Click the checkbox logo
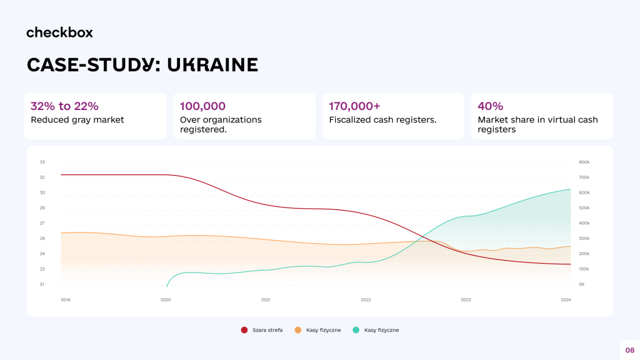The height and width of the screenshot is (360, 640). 59,32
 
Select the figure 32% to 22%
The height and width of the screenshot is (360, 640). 64,106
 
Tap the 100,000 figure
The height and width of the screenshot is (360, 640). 202,106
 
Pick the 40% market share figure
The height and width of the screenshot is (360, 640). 490,106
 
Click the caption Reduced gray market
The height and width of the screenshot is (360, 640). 77,120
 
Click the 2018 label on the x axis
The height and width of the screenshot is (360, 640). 66,300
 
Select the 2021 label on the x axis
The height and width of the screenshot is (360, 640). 266,300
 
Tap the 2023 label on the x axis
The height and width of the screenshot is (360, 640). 466,300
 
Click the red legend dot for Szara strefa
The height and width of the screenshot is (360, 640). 244,330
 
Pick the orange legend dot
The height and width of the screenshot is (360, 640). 298,330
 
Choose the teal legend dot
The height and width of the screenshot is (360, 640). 356,330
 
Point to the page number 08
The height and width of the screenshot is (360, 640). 629,350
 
